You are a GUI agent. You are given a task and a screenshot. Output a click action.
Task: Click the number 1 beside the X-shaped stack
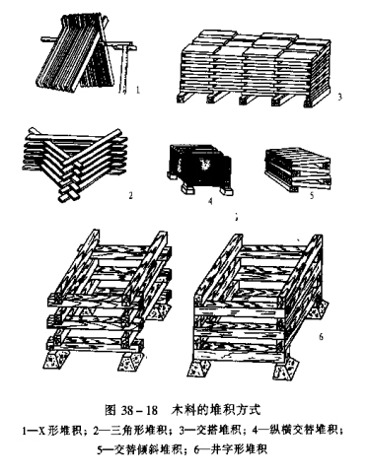pyautogui.click(x=138, y=90)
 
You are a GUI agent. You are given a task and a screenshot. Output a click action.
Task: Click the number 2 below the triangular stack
pyautogui.click(x=130, y=196)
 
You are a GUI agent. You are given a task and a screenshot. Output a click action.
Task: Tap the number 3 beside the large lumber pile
pyautogui.click(x=339, y=97)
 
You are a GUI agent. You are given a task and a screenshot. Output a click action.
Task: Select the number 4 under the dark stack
pyautogui.click(x=210, y=201)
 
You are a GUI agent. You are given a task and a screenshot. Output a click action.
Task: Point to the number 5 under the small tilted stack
pyautogui.click(x=312, y=196)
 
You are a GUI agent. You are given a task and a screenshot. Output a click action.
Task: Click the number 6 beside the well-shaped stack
pyautogui.click(x=321, y=336)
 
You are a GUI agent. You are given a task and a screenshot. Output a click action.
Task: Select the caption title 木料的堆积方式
pyautogui.click(x=216, y=410)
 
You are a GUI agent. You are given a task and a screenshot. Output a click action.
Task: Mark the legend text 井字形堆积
pyautogui.click(x=239, y=449)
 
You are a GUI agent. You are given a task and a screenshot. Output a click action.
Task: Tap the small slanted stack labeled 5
pyautogui.click(x=298, y=169)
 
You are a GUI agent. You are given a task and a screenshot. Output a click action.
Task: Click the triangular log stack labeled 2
pyautogui.click(x=75, y=164)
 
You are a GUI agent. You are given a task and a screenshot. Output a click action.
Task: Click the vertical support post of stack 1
pyautogui.click(x=122, y=70)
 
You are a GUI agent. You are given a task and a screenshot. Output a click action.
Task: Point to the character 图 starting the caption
pyautogui.click(x=110, y=410)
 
